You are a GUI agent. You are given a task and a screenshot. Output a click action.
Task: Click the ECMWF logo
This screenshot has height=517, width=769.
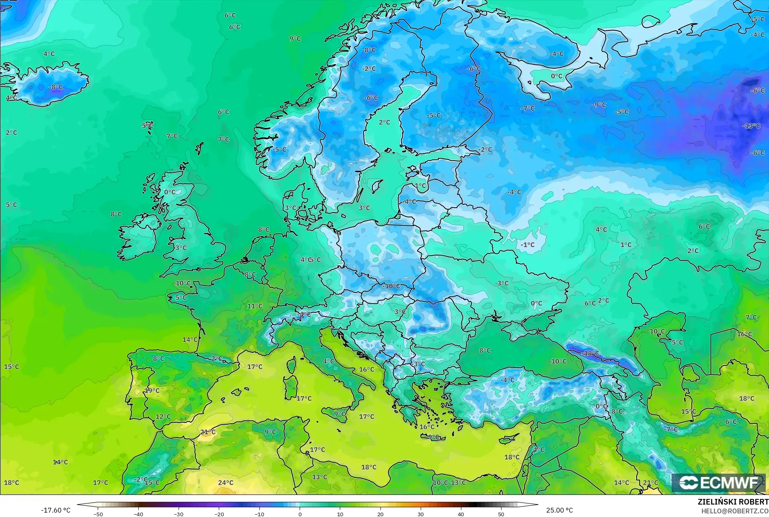tap(719, 482)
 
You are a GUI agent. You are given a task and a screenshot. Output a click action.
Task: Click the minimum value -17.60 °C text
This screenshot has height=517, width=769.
tap(56, 510)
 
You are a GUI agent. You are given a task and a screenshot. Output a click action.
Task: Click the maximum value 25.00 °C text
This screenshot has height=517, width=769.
tap(559, 510)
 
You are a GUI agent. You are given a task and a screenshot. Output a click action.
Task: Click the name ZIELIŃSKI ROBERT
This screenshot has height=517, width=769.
tap(733, 502)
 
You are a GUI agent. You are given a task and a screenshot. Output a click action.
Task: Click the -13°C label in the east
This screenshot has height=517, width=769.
tap(751, 126)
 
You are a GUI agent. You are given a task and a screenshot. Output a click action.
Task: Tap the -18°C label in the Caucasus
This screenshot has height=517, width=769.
tap(590, 353)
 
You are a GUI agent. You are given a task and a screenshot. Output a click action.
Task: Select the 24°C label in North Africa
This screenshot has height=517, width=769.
tap(226, 482)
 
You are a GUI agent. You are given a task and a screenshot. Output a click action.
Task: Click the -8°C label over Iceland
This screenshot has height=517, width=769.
tap(56, 87)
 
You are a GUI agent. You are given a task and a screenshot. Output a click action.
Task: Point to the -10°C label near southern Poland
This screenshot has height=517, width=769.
tap(392, 286)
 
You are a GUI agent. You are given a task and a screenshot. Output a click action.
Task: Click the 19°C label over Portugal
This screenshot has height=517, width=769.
tap(152, 390)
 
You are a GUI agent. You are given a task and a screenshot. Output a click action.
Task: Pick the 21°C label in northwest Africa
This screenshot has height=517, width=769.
tap(208, 432)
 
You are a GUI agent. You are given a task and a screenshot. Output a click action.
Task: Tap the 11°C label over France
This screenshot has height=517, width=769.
tap(255, 306)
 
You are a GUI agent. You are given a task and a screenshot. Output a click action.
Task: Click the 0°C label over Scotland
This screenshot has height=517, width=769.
tap(170, 192)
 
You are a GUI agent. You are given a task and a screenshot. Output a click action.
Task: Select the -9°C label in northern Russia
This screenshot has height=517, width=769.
tap(599, 104)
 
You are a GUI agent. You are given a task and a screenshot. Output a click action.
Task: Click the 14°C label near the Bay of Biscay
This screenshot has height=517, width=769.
tap(190, 339)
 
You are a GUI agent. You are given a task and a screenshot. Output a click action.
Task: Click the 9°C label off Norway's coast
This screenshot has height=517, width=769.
tap(295, 39)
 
